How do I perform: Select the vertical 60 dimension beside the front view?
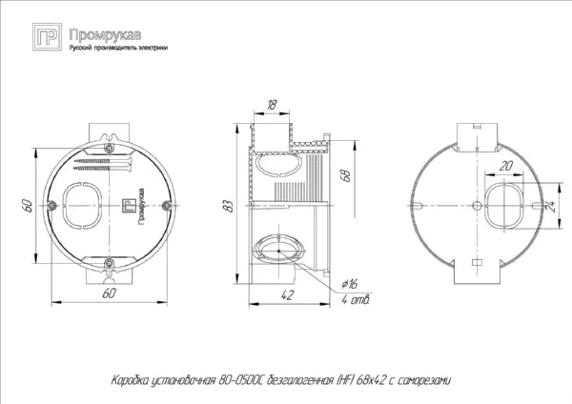30,204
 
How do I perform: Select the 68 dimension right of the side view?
345,174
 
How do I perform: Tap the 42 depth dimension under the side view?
287,295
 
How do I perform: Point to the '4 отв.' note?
355,300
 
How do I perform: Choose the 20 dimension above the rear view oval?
504,167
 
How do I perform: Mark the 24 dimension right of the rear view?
552,205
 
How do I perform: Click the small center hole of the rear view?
478,204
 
